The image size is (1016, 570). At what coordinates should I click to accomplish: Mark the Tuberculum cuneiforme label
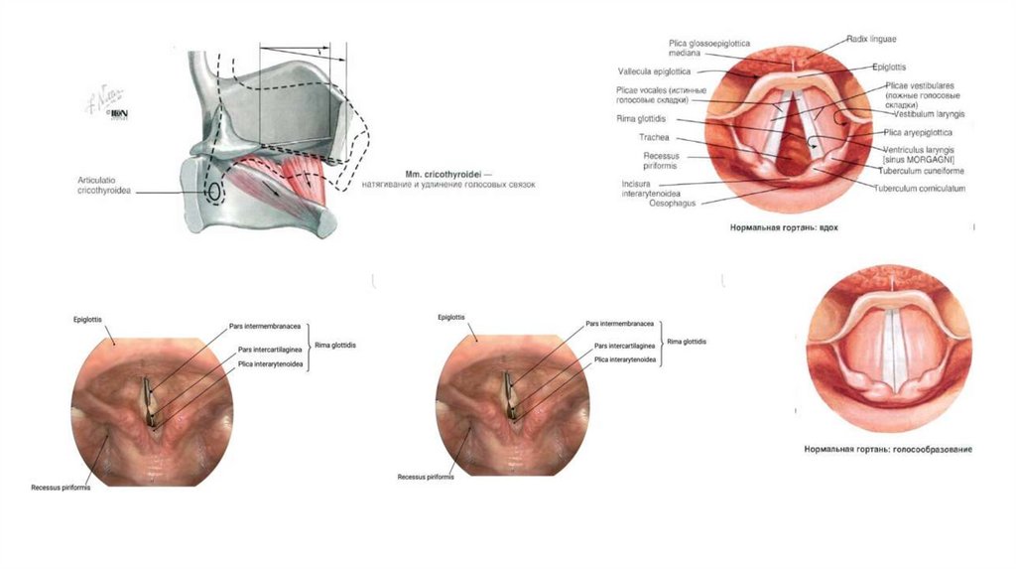(x=922, y=170)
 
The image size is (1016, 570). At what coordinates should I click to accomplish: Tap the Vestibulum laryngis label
(x=929, y=114)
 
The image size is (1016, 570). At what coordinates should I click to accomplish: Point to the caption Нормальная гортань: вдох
(x=784, y=227)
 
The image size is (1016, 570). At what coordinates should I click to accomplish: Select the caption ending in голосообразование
(x=888, y=449)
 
